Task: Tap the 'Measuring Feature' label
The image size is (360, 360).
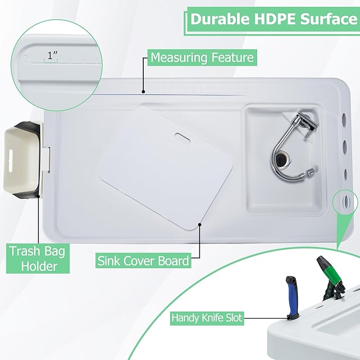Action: coord(202,57)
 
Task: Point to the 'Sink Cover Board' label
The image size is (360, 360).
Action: coord(143,261)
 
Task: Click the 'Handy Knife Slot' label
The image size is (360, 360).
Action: coord(207,318)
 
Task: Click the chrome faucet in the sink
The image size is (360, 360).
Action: coord(294,143)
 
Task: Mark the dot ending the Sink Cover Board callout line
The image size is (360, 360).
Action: coord(199,224)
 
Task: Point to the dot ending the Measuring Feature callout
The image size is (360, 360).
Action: coord(143,91)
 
